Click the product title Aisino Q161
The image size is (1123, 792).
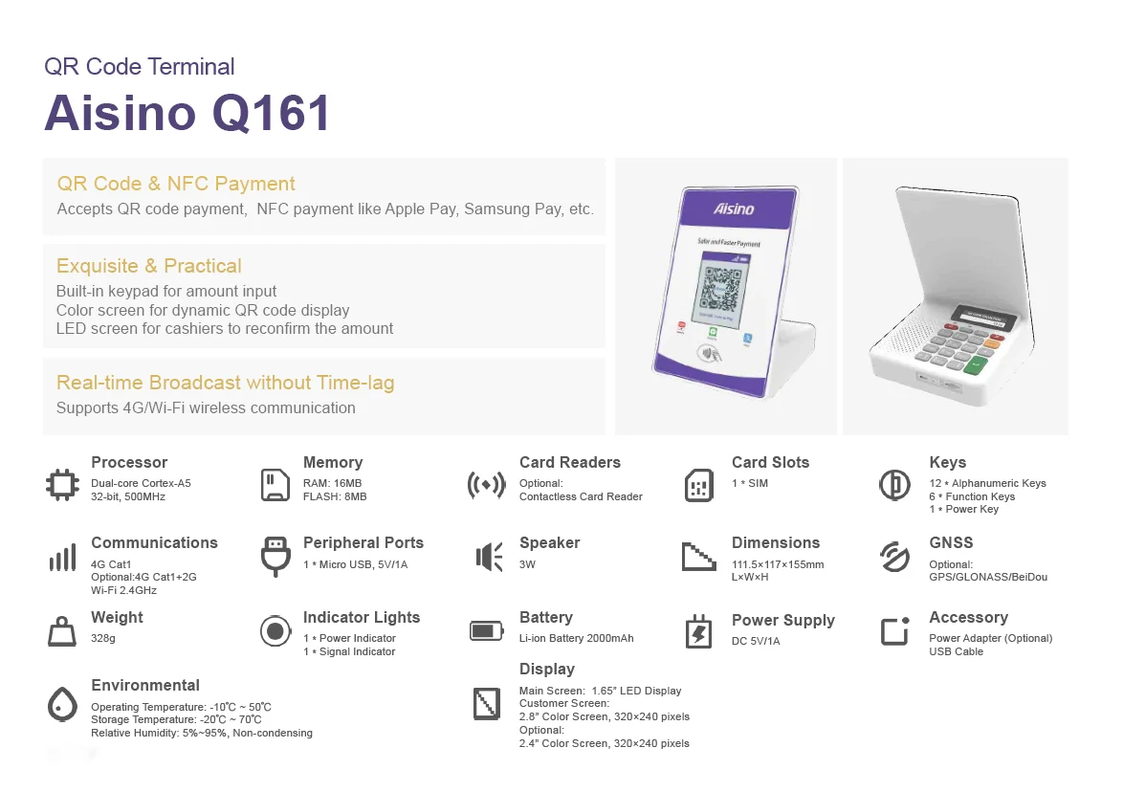tap(187, 113)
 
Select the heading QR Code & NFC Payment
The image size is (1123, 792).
tap(176, 184)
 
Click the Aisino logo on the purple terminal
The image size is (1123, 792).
tap(734, 209)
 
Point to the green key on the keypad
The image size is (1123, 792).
tap(977, 363)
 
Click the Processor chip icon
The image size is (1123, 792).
tap(63, 484)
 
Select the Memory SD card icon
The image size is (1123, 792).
tap(275, 484)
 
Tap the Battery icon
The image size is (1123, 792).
tap(486, 630)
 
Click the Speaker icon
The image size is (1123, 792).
tap(489, 557)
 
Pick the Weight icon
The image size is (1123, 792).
tap(62, 631)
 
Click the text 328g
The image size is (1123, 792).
tap(103, 638)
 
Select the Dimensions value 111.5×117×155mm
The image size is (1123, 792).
tap(778, 564)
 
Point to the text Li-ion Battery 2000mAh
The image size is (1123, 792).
tap(576, 638)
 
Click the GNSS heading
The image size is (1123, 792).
tap(951, 542)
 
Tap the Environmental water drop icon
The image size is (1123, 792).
tap(62, 705)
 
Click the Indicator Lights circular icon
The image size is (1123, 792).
tap(275, 631)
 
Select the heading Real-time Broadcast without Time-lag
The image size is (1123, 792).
tap(225, 383)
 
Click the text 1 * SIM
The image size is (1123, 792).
tap(750, 483)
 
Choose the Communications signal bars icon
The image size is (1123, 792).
tap(62, 558)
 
